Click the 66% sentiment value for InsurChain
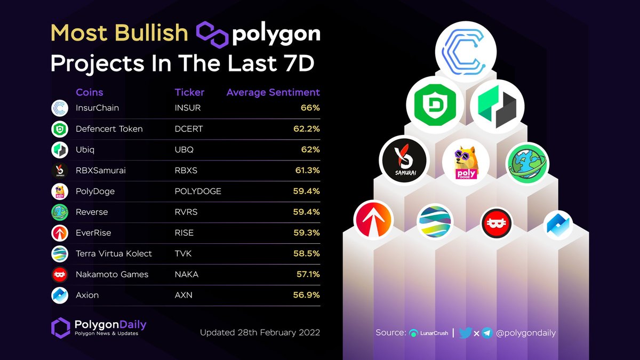(310, 108)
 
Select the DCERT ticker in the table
(189, 129)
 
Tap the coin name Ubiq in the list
(85, 149)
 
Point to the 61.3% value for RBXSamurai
(306, 170)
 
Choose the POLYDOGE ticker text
(198, 191)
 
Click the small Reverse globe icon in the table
(59, 212)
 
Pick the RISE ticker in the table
(185, 233)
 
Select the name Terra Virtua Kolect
(114, 253)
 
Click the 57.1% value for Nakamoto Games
(307, 274)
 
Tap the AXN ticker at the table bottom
(183, 295)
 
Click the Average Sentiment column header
(273, 92)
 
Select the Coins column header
(90, 92)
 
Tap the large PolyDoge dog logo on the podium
(466, 162)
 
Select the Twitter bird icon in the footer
(465, 333)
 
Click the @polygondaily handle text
(526, 333)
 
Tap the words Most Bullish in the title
(119, 34)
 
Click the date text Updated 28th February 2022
(260, 332)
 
